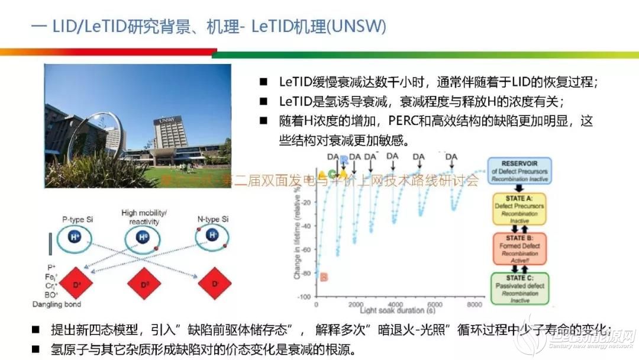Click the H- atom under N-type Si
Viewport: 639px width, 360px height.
pyautogui.click(x=212, y=236)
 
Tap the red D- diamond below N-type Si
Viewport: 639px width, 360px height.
pyautogui.click(x=214, y=285)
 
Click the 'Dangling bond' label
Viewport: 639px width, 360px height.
pyautogui.click(x=57, y=304)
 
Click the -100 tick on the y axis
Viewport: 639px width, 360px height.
pyautogui.click(x=303, y=297)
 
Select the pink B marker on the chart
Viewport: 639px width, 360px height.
pyautogui.click(x=324, y=277)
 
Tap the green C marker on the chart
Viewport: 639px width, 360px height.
pyautogui.click(x=333, y=173)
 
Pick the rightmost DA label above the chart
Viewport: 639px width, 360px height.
pyautogui.click(x=451, y=156)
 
